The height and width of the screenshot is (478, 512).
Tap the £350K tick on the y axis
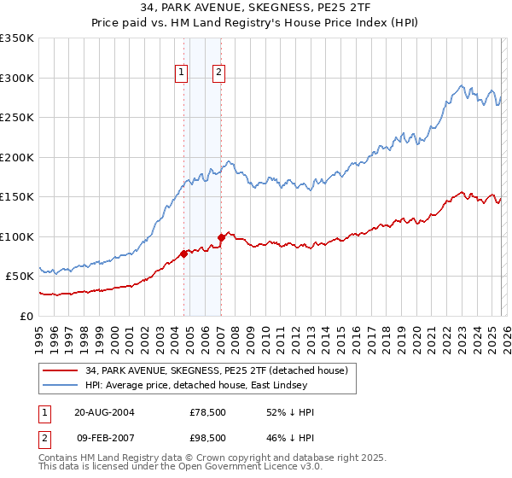[17, 38]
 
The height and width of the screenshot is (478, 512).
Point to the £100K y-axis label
[17, 236]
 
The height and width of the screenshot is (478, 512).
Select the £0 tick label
[26, 316]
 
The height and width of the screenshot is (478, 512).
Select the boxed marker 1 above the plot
[183, 73]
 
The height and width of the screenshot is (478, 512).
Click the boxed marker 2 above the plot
[219, 73]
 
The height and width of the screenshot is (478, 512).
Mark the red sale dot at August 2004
[183, 253]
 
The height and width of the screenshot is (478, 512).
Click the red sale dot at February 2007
[221, 237]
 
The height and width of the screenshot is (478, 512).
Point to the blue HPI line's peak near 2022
[461, 85]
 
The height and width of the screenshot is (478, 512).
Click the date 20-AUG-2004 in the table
[104, 412]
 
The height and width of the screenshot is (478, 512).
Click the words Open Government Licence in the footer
[221, 469]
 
